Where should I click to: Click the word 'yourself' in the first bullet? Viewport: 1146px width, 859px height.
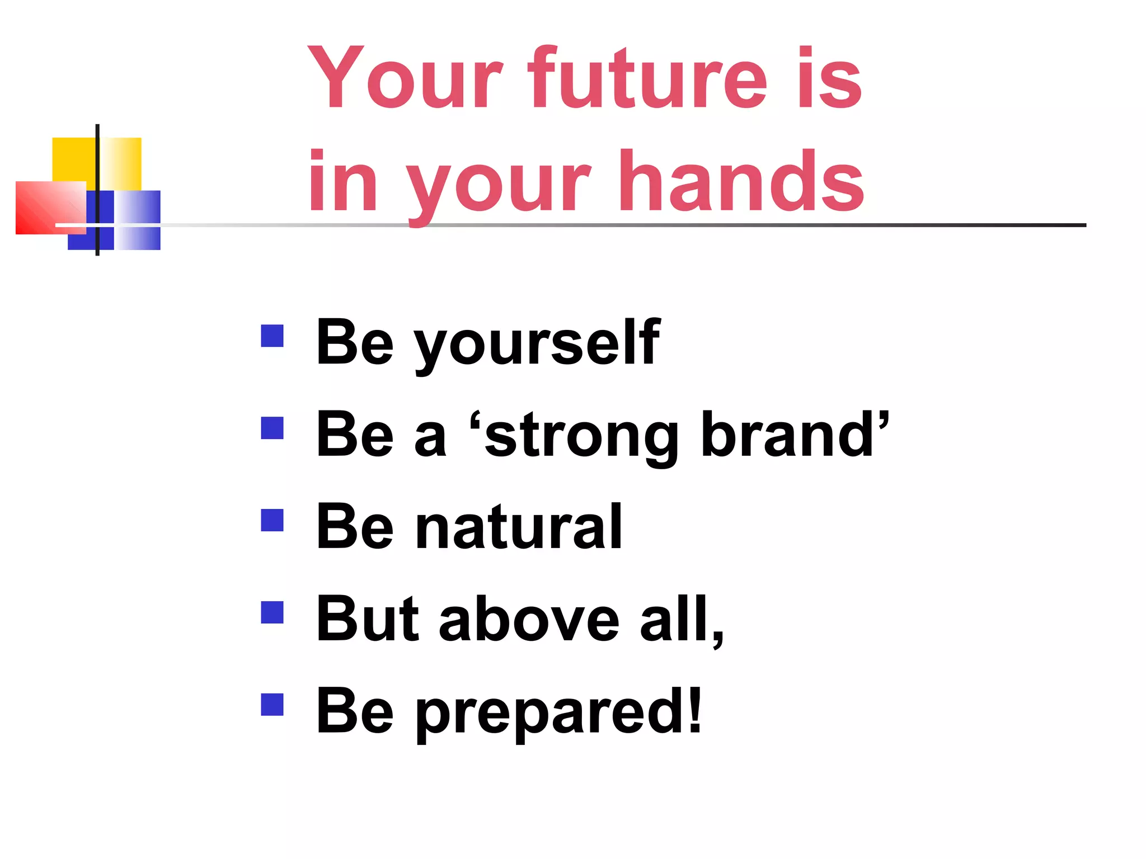[x=537, y=343]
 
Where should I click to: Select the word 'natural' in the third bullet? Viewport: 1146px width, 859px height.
[x=518, y=527]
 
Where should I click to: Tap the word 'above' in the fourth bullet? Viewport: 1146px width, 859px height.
[x=529, y=620]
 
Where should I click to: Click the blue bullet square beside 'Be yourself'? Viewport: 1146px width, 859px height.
[x=273, y=336]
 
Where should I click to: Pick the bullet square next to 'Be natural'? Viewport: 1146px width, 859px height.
[x=273, y=520]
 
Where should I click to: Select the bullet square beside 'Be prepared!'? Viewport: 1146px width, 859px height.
[x=273, y=705]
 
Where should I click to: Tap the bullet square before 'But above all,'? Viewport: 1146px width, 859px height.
[x=273, y=612]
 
